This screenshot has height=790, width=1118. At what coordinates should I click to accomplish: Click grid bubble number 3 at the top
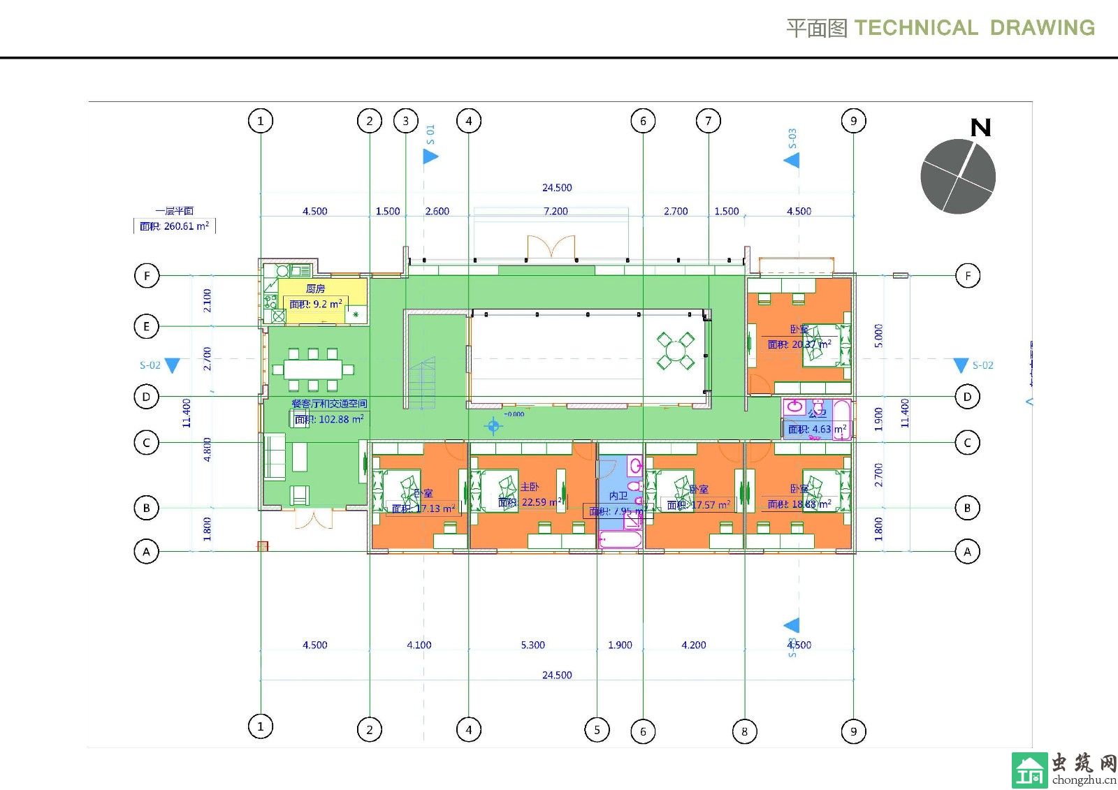(x=406, y=121)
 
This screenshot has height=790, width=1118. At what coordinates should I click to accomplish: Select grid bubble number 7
(x=709, y=121)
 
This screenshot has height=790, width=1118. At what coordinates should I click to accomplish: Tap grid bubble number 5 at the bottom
(x=597, y=730)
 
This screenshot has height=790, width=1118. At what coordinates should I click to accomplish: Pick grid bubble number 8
(x=744, y=731)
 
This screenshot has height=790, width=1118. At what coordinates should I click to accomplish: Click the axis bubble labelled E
(x=147, y=326)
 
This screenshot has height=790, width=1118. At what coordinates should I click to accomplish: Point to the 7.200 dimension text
(x=556, y=211)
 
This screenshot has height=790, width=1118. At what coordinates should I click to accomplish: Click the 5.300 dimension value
(x=532, y=645)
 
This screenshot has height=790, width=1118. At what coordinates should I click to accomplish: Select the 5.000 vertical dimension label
(x=878, y=335)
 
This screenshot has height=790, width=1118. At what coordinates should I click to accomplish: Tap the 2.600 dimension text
(x=437, y=211)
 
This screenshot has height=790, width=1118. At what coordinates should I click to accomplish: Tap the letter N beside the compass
(x=980, y=128)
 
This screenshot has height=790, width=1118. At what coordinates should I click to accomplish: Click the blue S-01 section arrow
(x=430, y=156)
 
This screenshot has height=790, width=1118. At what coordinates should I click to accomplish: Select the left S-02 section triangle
(x=172, y=365)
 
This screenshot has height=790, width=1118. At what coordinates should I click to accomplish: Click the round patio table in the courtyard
(x=675, y=350)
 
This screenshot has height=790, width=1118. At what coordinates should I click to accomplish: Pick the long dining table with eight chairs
(x=313, y=369)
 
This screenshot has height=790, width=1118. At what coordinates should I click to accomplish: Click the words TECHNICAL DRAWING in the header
(x=974, y=28)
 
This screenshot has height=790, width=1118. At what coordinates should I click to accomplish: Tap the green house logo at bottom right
(x=1029, y=770)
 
